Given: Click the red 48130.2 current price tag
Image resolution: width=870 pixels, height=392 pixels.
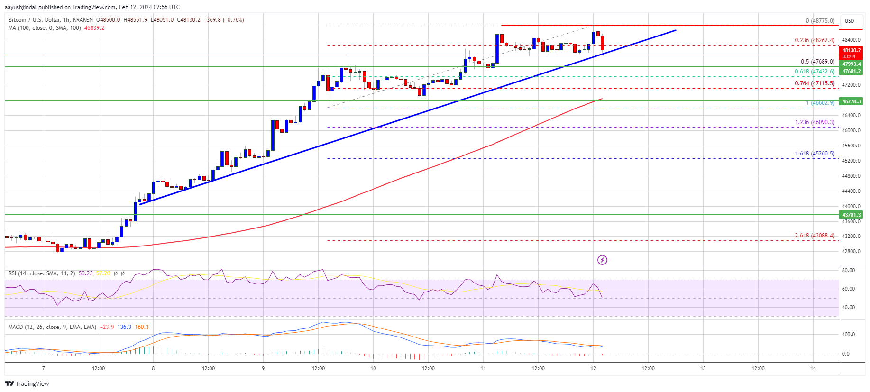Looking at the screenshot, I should [x=851, y=50].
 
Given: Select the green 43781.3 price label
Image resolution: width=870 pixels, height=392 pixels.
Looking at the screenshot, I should [x=851, y=215].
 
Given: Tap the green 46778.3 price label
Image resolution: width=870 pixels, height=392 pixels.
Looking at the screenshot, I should [x=851, y=101].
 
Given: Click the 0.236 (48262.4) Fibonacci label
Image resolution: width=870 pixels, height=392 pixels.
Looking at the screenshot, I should [x=815, y=40].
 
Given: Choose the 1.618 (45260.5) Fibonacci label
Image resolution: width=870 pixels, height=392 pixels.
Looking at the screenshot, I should [x=815, y=154].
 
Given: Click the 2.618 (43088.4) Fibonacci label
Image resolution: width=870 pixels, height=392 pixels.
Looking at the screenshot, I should [x=815, y=236].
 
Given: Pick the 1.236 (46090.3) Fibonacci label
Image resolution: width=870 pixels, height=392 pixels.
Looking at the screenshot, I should [x=815, y=122].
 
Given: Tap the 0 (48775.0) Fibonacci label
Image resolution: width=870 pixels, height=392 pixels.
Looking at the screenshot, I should [x=820, y=21].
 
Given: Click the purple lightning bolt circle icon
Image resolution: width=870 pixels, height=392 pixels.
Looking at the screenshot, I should [x=602, y=260].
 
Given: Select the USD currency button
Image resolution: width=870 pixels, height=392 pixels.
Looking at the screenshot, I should [x=849, y=21].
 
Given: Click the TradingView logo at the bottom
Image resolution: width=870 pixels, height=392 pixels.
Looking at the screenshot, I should [x=27, y=383].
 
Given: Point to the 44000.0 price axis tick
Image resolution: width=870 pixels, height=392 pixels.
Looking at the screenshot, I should [x=851, y=206].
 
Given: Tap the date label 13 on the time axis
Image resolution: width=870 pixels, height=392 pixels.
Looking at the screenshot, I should [x=703, y=368].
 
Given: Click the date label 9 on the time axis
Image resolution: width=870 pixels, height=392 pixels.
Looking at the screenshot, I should [x=263, y=368].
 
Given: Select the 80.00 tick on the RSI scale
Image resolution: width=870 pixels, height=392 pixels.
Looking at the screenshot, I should [x=848, y=270].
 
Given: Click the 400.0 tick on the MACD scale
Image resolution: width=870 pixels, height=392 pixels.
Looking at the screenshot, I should [x=848, y=334].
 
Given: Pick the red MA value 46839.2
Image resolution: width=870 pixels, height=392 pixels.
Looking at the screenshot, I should [x=94, y=28].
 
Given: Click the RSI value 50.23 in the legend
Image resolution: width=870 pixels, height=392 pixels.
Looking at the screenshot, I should [x=85, y=273].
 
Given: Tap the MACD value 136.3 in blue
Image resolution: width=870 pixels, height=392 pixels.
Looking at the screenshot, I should [x=124, y=327].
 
